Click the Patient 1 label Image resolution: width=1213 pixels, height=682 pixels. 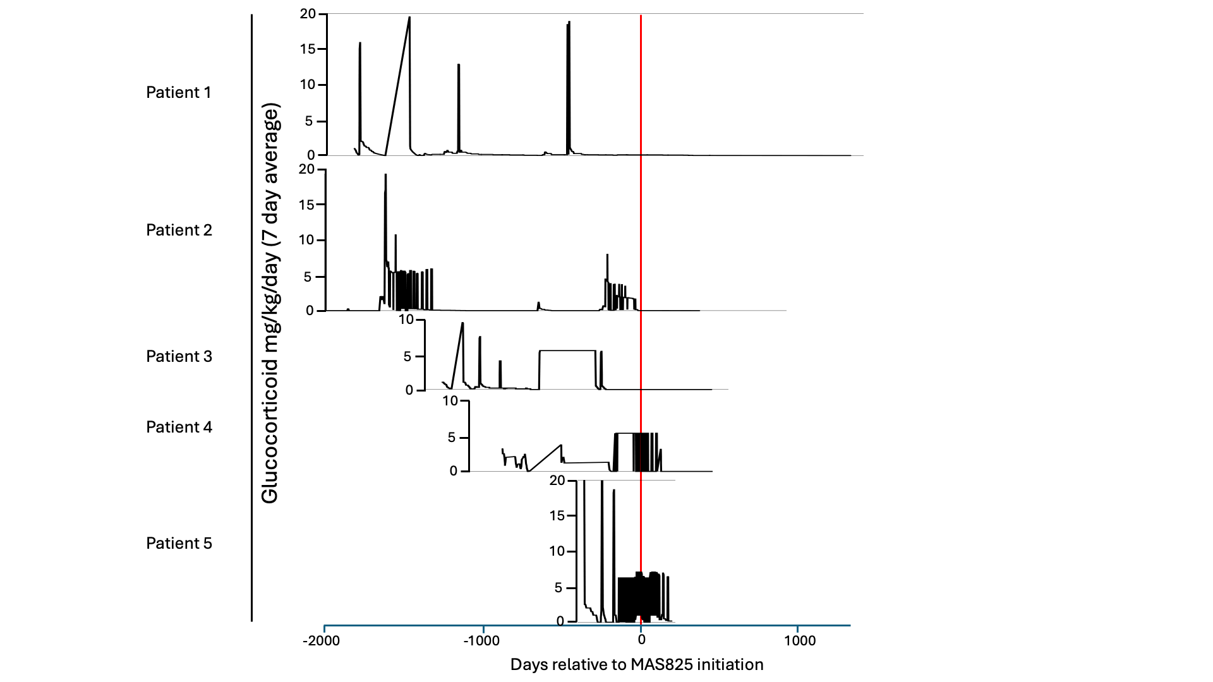tap(179, 93)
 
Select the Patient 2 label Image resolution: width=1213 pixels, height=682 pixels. tap(179, 230)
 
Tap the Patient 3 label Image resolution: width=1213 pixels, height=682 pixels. tap(179, 357)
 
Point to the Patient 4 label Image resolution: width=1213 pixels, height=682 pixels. tap(179, 428)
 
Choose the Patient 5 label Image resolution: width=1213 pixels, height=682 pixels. tap(179, 544)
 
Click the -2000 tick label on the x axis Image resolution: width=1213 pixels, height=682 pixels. tap(321, 641)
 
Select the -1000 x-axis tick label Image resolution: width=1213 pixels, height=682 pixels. tap(481, 641)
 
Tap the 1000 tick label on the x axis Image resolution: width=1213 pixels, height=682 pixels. tap(800, 641)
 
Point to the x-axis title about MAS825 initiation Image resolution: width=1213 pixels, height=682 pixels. tap(637, 665)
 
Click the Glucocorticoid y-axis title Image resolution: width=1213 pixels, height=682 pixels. tap(270, 303)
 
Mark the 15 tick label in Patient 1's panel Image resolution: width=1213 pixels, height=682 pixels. tap(307, 49)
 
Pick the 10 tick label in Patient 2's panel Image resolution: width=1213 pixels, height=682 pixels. tap(306, 240)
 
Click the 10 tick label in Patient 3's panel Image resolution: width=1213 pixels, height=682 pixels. tap(406, 320)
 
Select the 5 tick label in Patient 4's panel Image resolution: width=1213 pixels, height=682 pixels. tap(451, 438)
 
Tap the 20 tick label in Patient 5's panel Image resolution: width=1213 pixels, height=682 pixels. tap(557, 481)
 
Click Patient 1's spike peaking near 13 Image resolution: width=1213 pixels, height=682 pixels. tap(459, 66)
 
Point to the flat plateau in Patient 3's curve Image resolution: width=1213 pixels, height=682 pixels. tap(567, 350)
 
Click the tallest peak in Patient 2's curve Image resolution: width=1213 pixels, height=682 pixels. tap(385, 176)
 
